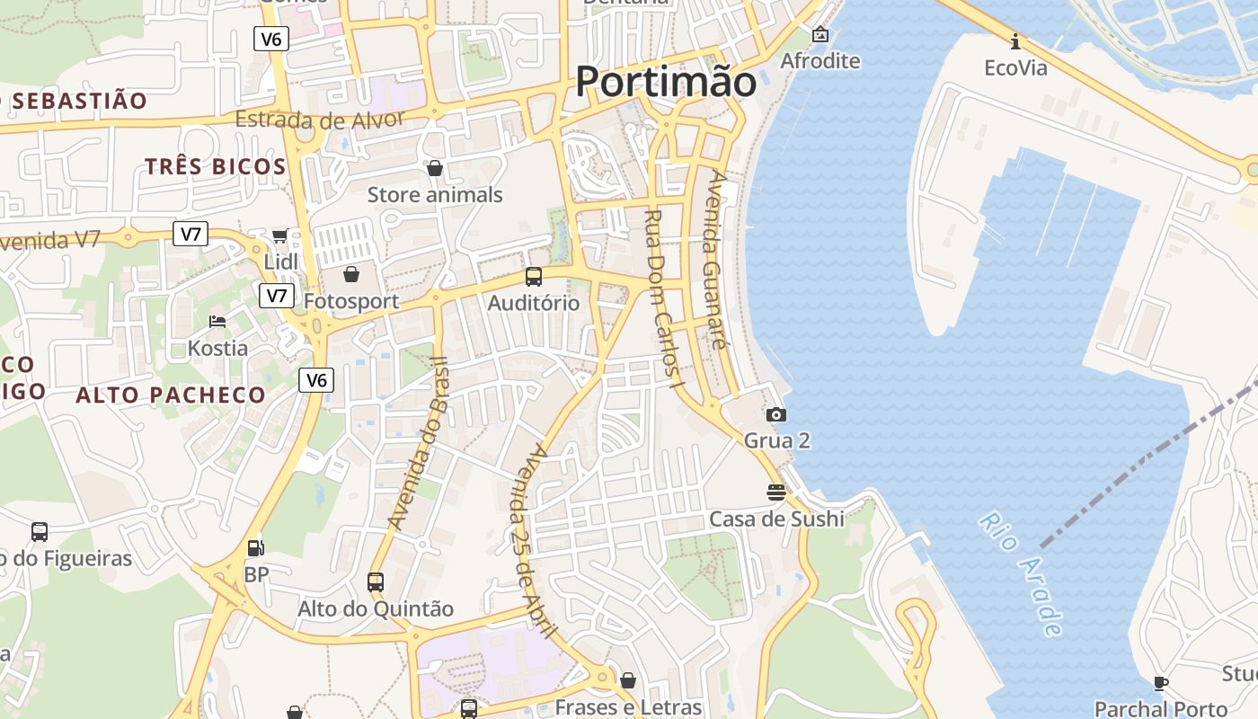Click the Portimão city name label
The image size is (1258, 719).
coord(666,82)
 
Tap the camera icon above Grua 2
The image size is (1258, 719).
coord(776,414)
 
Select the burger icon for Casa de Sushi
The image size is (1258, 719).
coord(776,493)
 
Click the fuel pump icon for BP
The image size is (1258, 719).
coord(256,547)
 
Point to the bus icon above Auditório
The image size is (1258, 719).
coord(534,277)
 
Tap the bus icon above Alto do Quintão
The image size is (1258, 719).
coord(376,582)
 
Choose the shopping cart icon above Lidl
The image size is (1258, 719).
coord(279,235)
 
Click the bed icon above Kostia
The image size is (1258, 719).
coord(217,321)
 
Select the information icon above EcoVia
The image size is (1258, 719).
coord(1015,41)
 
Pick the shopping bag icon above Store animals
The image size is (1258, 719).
coord(435,168)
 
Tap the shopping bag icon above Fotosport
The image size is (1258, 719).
coord(351,273)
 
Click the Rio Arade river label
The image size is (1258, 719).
coord(1022,573)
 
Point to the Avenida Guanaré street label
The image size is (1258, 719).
coord(716,260)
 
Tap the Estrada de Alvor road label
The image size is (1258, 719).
coord(320,119)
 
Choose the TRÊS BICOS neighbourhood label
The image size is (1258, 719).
coord(215,166)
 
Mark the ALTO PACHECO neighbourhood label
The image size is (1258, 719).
coord(171,395)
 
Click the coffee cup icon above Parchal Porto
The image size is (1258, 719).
coord(1161,683)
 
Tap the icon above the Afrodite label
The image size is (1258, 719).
coord(820,35)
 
